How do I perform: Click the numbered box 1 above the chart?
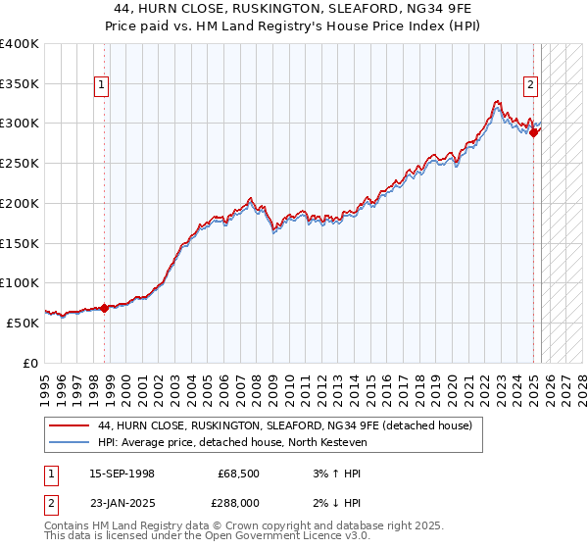click(x=103, y=85)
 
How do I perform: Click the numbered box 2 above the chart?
click(x=530, y=85)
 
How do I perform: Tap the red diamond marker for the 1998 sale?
click(x=104, y=308)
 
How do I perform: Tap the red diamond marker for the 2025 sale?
click(x=534, y=133)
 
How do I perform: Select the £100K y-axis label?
click(x=21, y=283)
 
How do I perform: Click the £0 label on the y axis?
click(x=31, y=363)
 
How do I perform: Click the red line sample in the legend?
click(x=69, y=425)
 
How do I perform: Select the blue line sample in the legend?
click(x=69, y=442)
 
